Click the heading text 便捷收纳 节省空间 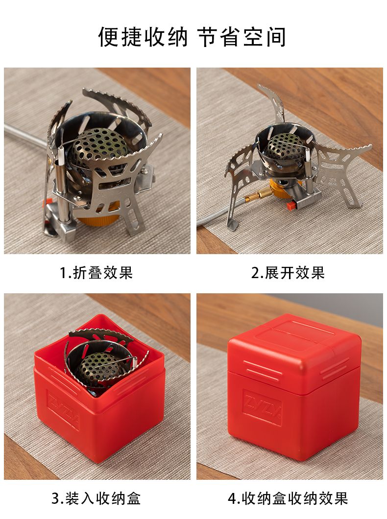[x=192, y=37]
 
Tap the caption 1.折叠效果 [x=97, y=273]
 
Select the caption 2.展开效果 [x=288, y=273]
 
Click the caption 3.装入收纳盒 [x=96, y=498]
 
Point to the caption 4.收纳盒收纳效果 [x=288, y=498]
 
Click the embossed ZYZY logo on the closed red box [x=262, y=407]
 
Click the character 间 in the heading [x=275, y=37]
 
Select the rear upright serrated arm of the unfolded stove [x=275, y=103]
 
